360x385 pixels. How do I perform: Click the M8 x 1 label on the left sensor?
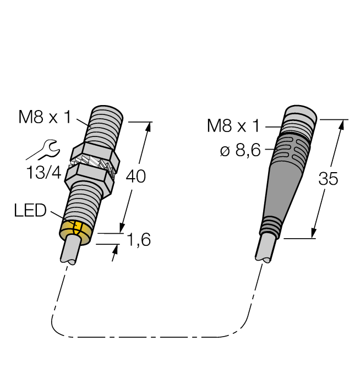tap(45, 117)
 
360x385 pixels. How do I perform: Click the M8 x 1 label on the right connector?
tap(233, 126)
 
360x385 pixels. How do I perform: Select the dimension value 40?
tap(137, 177)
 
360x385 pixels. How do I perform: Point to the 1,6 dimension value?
tap(138, 240)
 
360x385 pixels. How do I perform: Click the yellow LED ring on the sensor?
tap(75, 229)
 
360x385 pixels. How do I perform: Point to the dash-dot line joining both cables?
tap(149, 335)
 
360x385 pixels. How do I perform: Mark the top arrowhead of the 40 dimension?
tap(148, 127)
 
